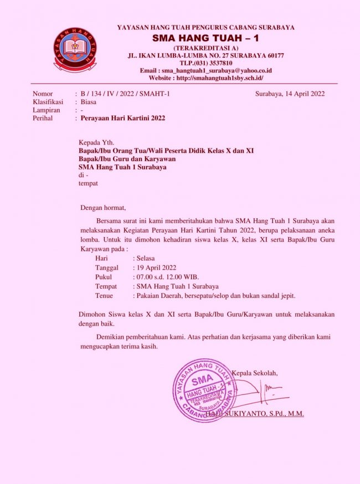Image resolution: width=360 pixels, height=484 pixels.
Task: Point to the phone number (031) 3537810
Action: click(x=206, y=63)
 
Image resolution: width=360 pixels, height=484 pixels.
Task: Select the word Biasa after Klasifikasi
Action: click(x=89, y=102)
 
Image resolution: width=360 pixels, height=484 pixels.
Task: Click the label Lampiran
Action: click(x=46, y=110)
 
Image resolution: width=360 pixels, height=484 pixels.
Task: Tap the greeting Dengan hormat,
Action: click(x=103, y=208)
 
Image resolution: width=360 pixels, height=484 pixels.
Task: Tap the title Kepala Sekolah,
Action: click(x=255, y=373)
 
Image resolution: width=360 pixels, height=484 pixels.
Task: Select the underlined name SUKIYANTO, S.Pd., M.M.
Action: click(x=260, y=413)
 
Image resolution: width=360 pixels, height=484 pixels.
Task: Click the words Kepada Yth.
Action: click(x=95, y=142)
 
